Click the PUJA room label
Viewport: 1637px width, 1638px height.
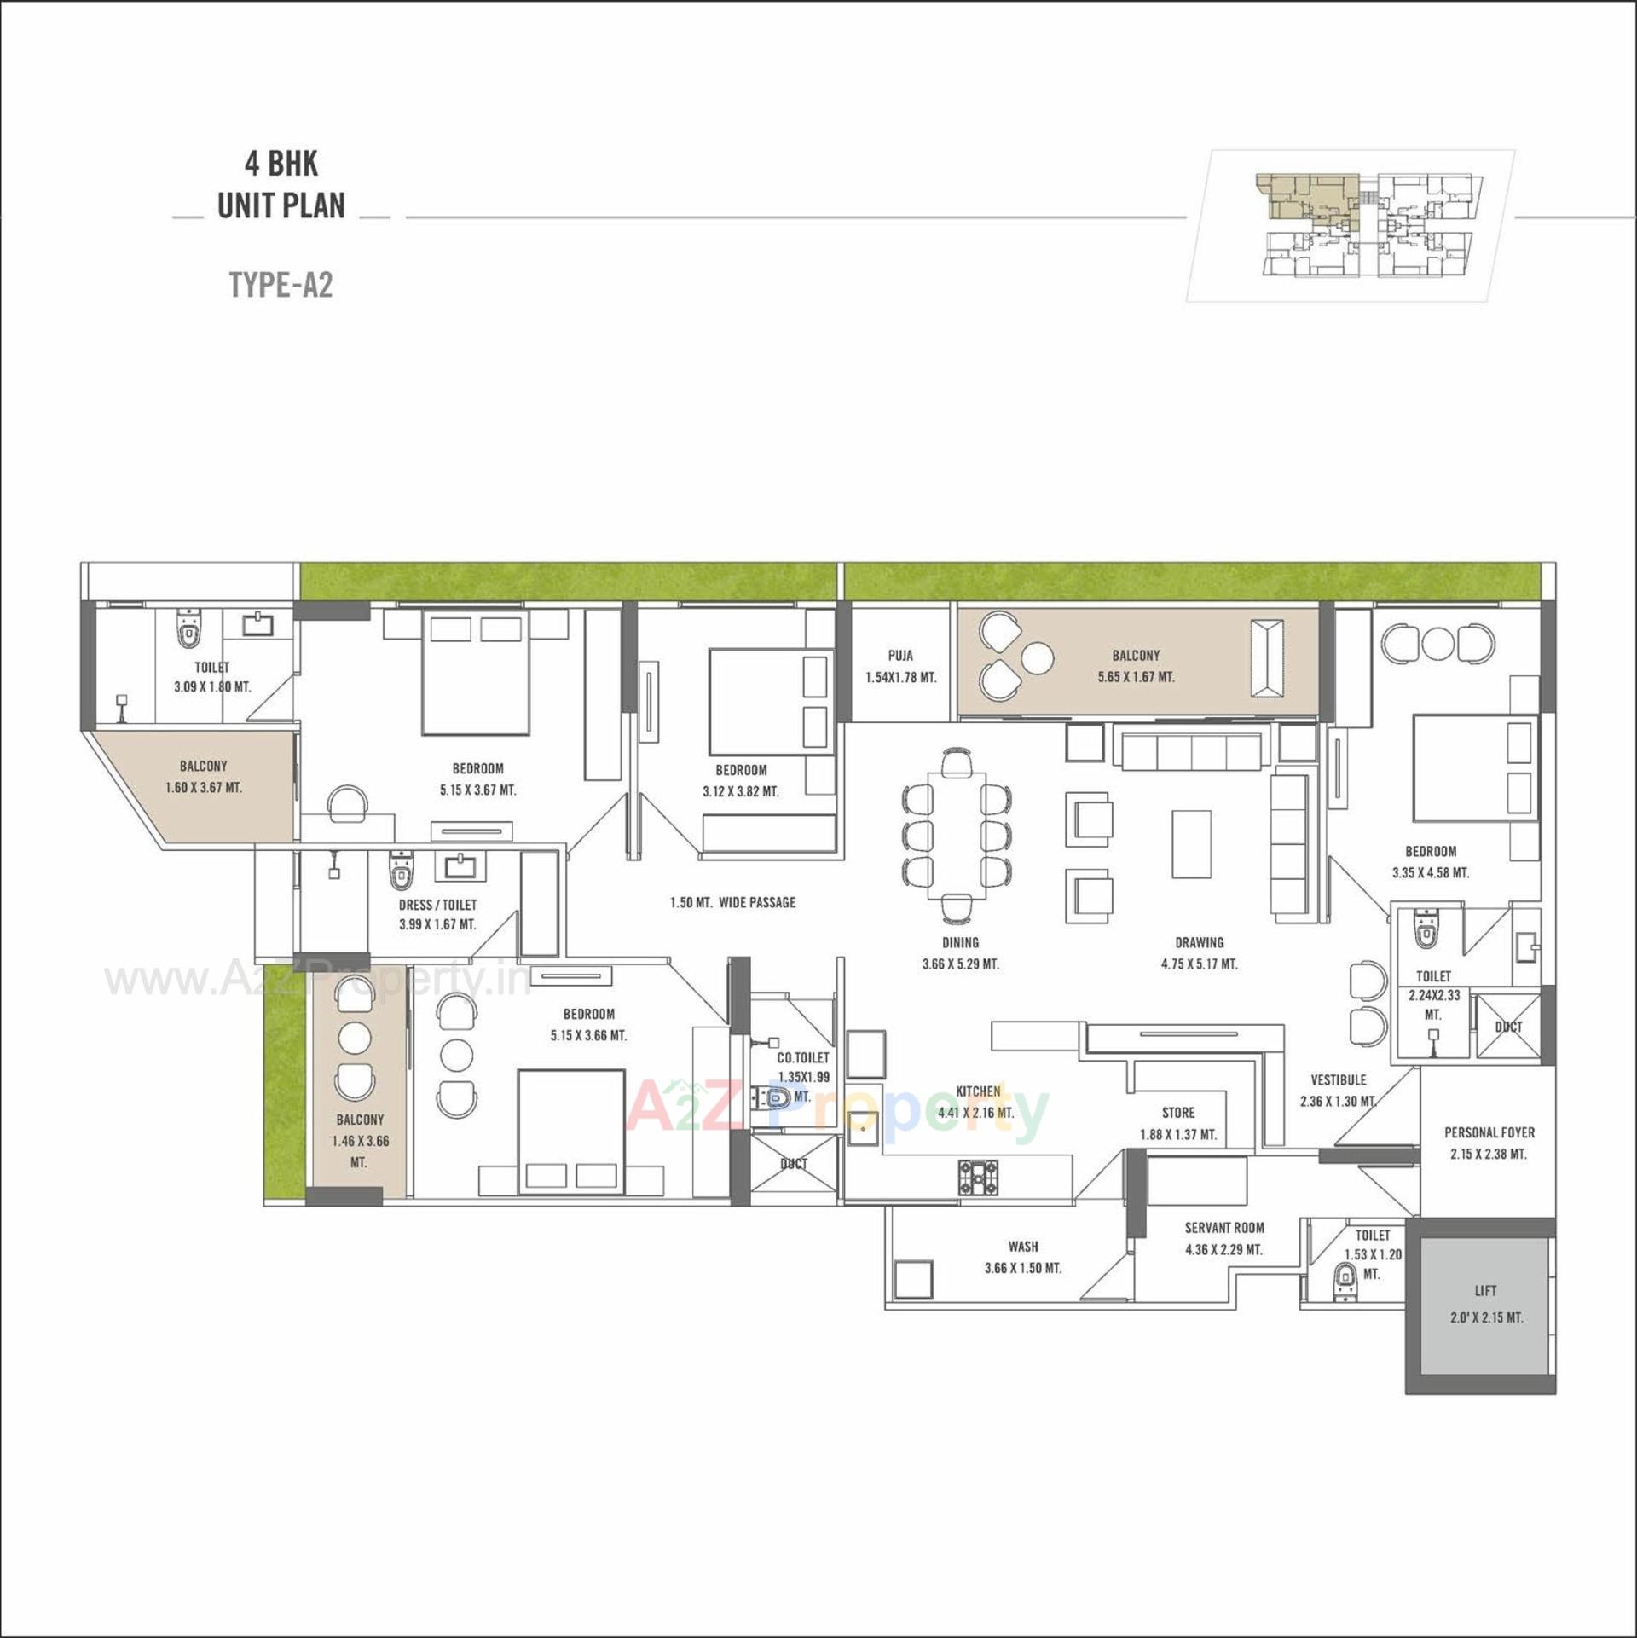900,656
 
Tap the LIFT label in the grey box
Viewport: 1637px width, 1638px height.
1485,1291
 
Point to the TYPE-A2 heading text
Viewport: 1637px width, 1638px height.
281,285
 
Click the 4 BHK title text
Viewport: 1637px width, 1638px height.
281,163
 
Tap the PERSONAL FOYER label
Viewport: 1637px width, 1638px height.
1489,1132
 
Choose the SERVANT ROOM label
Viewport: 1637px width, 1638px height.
1223,1228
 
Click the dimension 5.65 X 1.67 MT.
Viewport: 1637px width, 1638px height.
1136,677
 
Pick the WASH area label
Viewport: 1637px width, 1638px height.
1022,1247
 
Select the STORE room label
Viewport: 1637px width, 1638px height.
1177,1113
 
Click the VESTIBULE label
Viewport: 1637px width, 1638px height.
1338,1079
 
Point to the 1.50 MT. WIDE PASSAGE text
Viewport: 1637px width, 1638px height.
732,902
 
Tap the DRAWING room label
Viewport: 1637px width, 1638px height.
1199,942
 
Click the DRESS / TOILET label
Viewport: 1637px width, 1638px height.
437,905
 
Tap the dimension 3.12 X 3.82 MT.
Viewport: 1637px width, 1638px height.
740,791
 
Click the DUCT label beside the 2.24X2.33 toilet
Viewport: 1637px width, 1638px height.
1508,1027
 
